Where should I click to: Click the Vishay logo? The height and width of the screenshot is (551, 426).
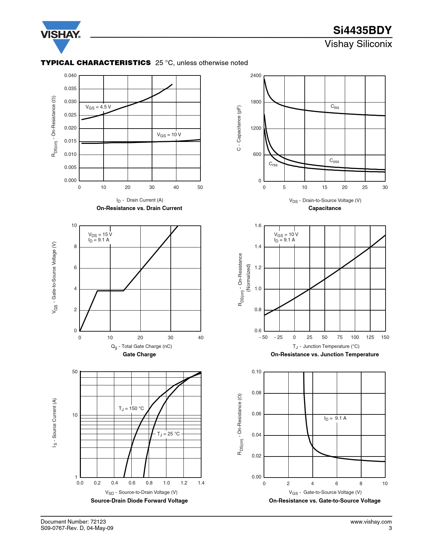[x=61, y=35]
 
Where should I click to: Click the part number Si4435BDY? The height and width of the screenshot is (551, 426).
[x=362, y=30]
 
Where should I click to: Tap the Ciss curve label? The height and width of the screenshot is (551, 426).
[x=334, y=107]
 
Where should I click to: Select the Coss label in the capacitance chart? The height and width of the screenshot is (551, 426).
[x=334, y=161]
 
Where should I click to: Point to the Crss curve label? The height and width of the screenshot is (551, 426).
[x=273, y=164]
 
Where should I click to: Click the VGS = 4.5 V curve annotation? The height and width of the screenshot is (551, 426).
[x=98, y=107]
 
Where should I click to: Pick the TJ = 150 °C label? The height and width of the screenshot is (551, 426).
[x=131, y=408]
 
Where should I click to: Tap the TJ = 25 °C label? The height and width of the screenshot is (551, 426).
[x=168, y=434]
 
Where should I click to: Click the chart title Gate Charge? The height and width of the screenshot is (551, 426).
[x=139, y=354]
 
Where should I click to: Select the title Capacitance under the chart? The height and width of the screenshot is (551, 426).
[x=324, y=208]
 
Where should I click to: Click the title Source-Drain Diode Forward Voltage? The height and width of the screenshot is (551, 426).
[x=139, y=501]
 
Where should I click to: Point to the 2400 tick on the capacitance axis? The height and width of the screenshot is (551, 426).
[x=256, y=75]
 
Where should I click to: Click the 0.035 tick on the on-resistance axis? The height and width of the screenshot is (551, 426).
[x=70, y=88]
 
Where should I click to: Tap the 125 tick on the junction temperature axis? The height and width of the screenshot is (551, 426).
[x=370, y=337]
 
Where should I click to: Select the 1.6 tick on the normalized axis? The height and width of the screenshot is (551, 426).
[x=258, y=225]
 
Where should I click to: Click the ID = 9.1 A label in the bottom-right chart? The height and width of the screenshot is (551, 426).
[x=335, y=418]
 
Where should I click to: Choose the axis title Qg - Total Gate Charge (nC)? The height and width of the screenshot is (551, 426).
[x=141, y=347]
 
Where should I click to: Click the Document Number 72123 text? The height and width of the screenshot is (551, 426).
[x=73, y=522]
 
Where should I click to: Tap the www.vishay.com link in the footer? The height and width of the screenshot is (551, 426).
[x=371, y=522]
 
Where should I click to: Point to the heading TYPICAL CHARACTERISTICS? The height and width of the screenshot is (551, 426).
[x=96, y=63]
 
